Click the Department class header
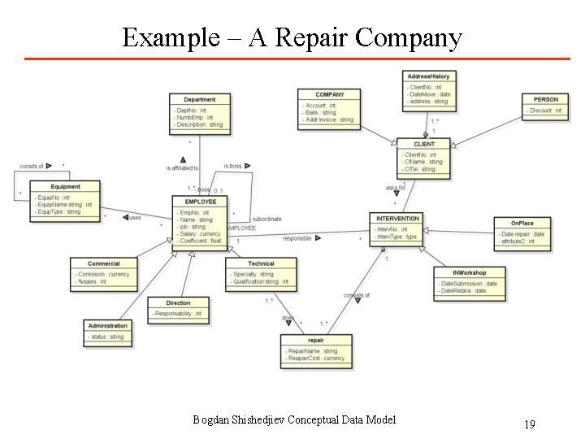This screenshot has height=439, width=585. coord(199,100)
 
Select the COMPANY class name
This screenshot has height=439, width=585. coord(329,95)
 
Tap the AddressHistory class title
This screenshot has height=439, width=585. coord(428,76)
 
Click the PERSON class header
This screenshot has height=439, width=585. coord(545,100)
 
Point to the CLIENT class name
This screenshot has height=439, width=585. coord(424,144)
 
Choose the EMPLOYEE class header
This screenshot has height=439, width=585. coord(200,202)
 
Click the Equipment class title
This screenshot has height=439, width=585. coord(66,187)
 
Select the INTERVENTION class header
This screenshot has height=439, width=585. coord(397,219)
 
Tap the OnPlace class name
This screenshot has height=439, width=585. coord(522,223)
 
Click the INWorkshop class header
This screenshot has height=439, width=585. coord(470,272)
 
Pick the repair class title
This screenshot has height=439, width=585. coord(315,341)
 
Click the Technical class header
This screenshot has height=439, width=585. coord(261,263)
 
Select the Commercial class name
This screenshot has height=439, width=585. coord(103,263)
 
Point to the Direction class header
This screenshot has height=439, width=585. coord(177,303)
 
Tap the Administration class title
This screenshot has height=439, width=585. coord(107,326)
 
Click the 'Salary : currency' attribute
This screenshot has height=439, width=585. coord(200,234)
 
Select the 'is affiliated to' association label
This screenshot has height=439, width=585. coord(182,168)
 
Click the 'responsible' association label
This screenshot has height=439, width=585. coord(297,238)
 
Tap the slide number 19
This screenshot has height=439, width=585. coord(529,424)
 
